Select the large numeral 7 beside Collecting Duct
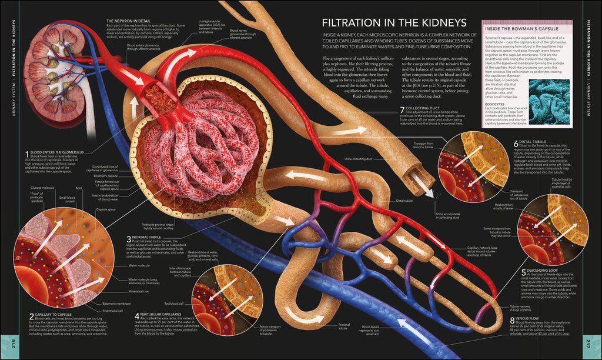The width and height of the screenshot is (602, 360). pyautogui.click(x=402, y=110)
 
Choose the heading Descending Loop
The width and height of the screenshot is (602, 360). pyautogui.click(x=541, y=271)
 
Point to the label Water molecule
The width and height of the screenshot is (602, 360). pyautogui.click(x=140, y=265)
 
